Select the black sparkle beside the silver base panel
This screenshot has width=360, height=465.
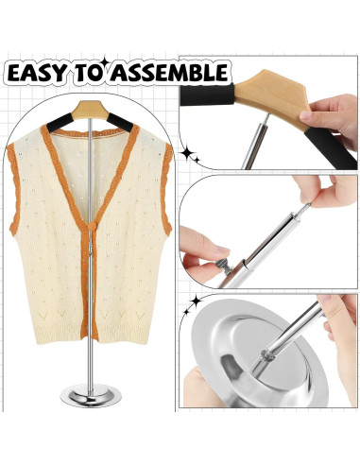[x=193, y=301]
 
